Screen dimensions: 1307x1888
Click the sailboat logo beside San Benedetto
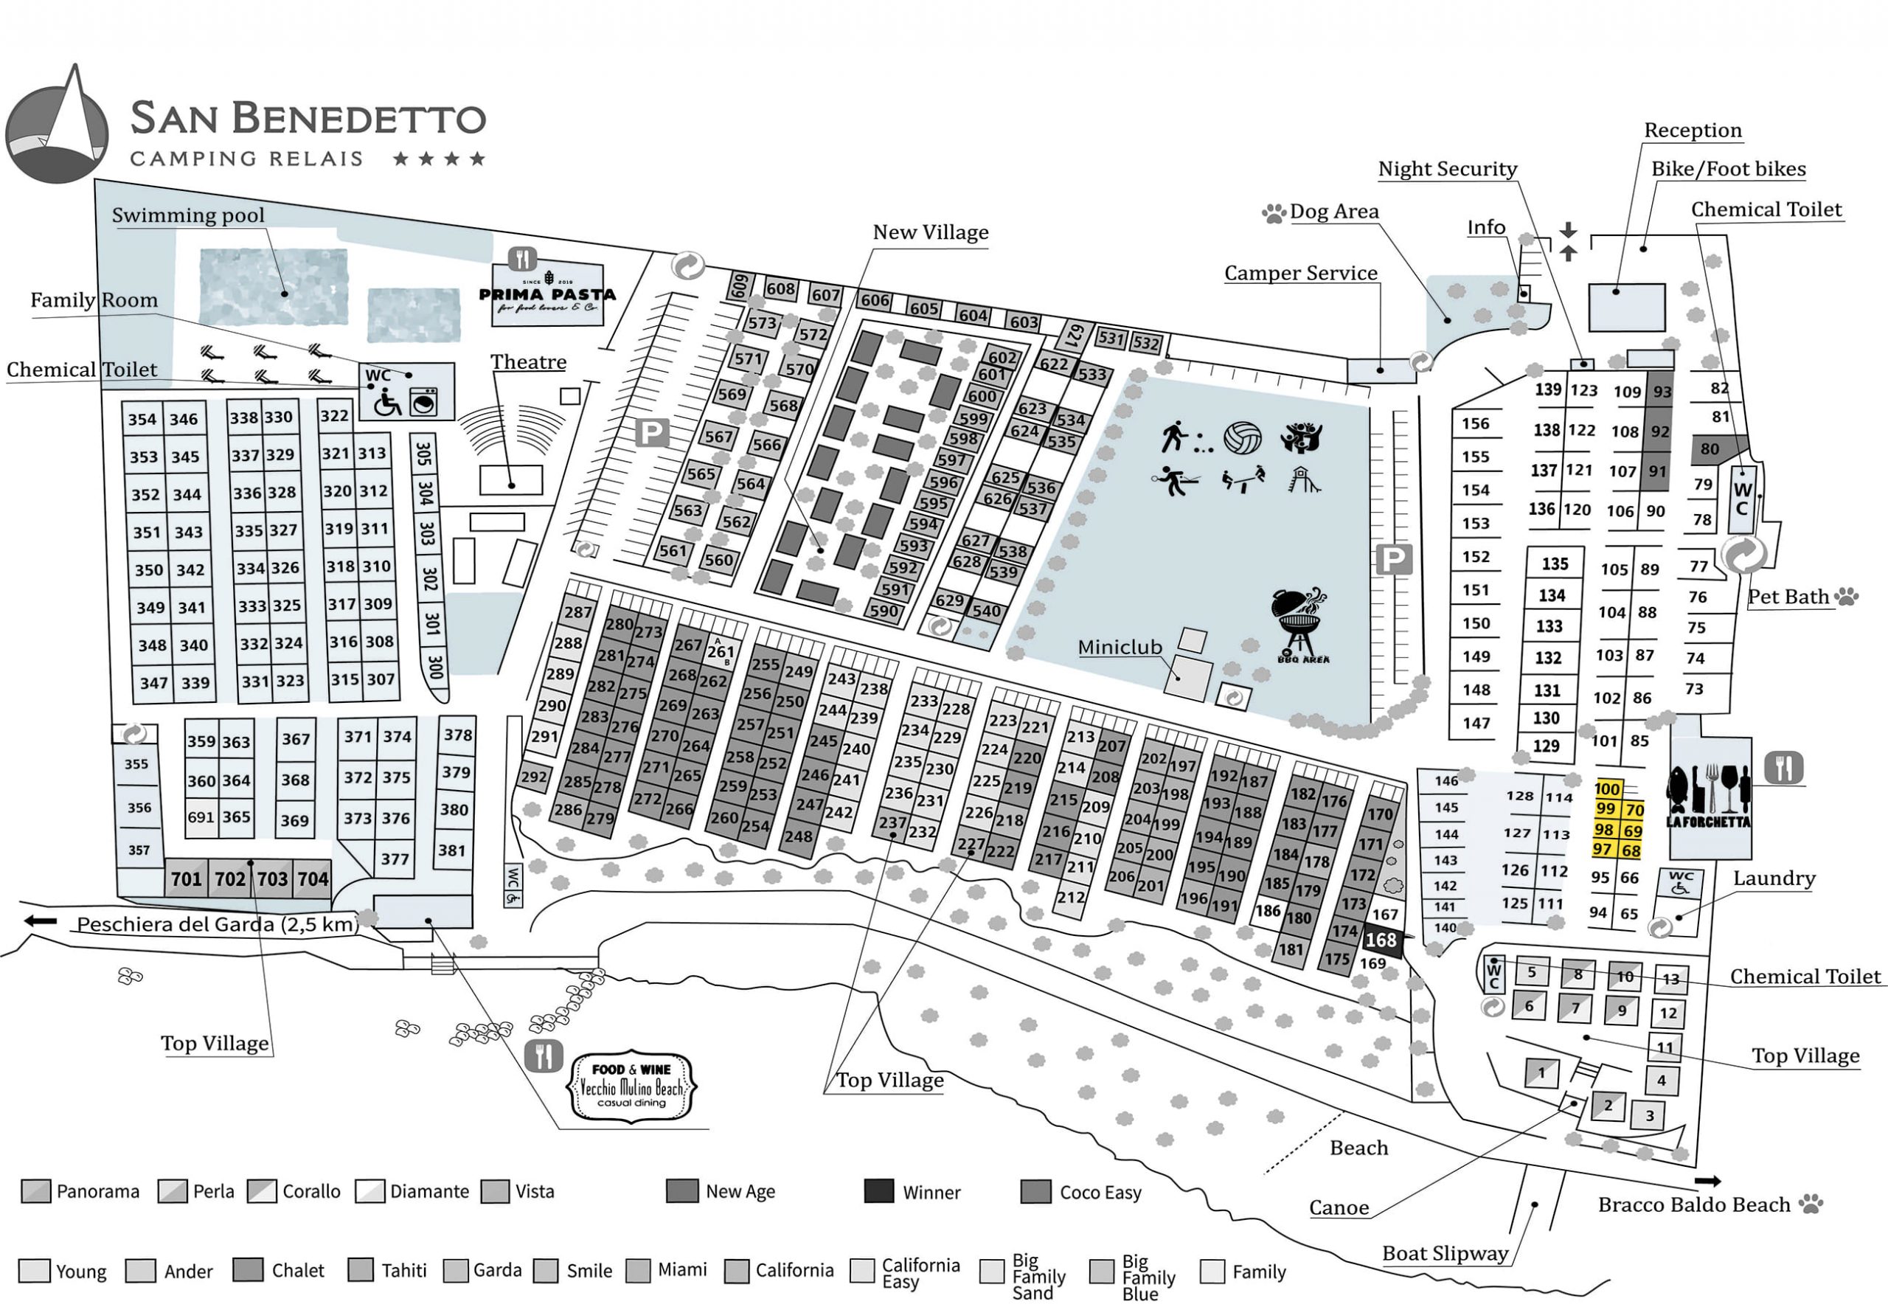tap(58, 125)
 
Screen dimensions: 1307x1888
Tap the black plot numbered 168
tap(1381, 940)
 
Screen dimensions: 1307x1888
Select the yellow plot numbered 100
tap(1607, 788)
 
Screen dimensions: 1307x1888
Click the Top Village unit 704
tap(313, 878)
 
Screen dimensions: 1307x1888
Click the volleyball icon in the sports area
tap(1242, 437)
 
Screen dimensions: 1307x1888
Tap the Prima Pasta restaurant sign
tap(547, 295)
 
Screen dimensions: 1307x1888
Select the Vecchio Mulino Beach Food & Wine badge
tap(631, 1086)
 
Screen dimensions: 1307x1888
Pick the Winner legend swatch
tap(878, 1190)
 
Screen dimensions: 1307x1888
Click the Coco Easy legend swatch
tap(1035, 1190)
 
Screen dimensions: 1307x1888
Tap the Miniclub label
tap(1120, 647)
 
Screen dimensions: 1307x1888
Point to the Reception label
tap(1693, 131)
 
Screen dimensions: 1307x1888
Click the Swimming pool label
tap(188, 215)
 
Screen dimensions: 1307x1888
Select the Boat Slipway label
tap(1445, 1253)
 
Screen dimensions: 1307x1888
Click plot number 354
tap(142, 419)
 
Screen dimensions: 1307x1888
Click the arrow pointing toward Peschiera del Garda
tap(40, 921)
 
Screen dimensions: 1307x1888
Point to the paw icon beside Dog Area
tap(1273, 214)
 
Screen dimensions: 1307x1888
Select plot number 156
tap(1475, 423)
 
